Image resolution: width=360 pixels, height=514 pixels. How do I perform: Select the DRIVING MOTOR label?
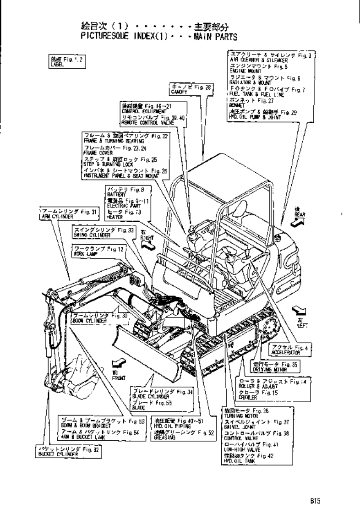pos(274,366)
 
